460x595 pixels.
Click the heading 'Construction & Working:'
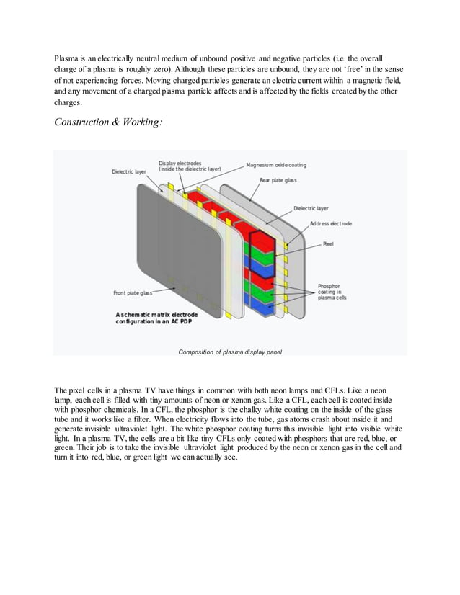(x=108, y=123)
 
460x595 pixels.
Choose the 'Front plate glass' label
(x=133, y=292)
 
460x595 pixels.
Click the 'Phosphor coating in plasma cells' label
(x=332, y=294)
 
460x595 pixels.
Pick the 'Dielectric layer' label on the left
(x=130, y=171)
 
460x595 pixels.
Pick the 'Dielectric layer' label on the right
(x=311, y=208)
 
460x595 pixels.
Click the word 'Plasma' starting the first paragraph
(x=66, y=57)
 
